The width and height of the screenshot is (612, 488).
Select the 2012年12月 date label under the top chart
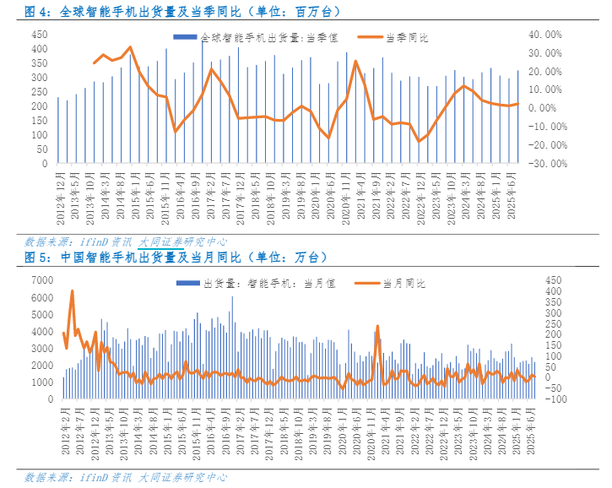pos(61,197)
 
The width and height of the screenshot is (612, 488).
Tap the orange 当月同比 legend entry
pos(397,283)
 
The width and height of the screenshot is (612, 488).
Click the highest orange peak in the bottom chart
pos(73,291)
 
